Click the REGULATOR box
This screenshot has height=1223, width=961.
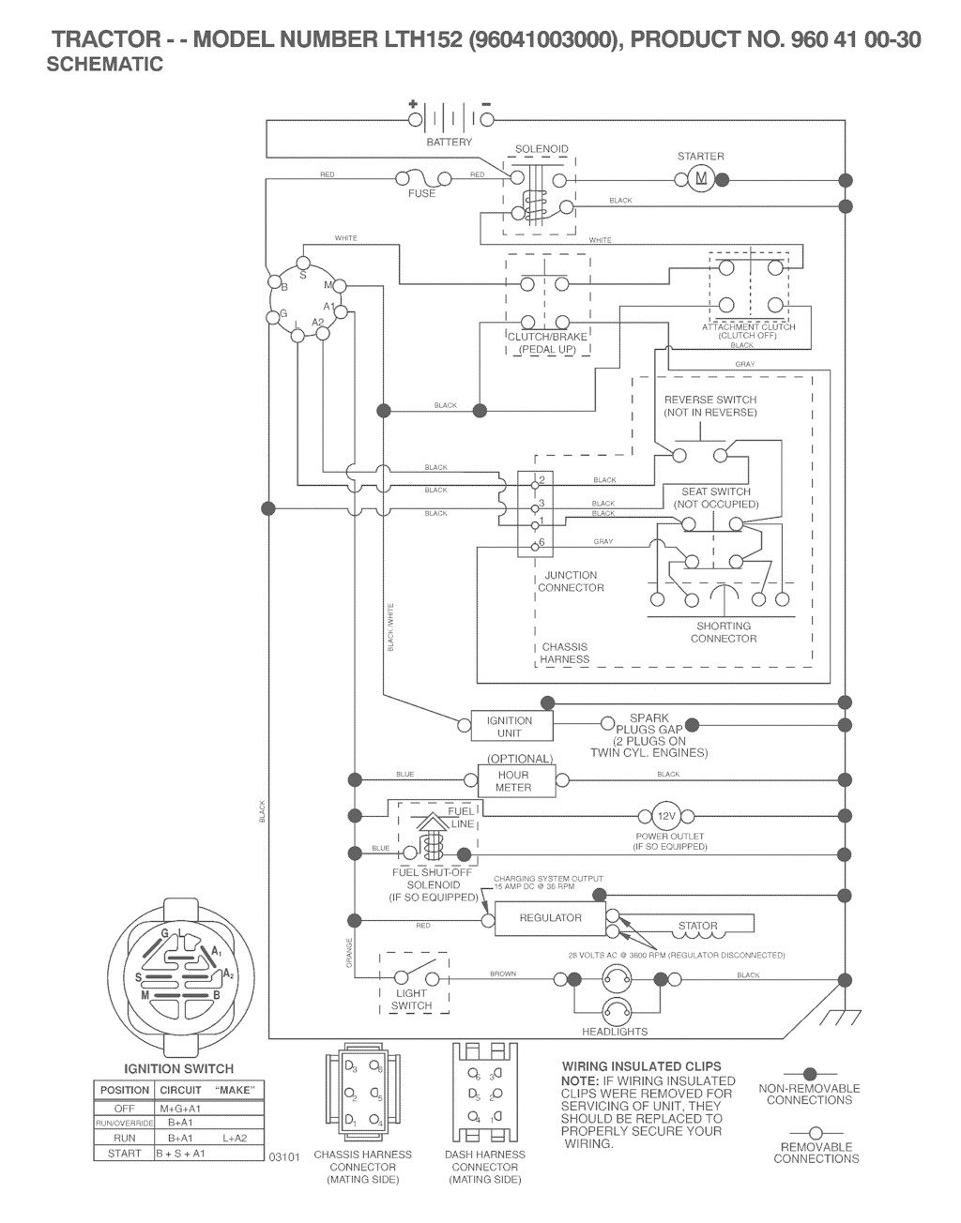coord(550,918)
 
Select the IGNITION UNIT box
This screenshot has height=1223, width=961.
coord(510,726)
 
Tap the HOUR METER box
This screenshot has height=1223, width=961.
coord(513,780)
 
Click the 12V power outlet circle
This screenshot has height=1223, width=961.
coord(664,815)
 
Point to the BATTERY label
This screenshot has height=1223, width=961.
coord(450,143)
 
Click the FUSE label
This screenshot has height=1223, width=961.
coord(421,193)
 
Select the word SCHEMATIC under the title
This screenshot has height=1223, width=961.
coord(104,65)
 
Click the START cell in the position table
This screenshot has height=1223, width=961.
coord(124,1153)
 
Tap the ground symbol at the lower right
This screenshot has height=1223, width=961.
coord(832,1019)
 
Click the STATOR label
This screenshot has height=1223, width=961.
coord(697,926)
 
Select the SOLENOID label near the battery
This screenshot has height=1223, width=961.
coord(542,149)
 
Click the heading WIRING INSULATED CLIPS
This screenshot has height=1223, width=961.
coord(641,1066)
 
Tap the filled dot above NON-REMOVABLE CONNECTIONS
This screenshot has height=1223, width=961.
coord(808,1073)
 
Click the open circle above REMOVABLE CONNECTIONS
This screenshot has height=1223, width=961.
coord(815,1132)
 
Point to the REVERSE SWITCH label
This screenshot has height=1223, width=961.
coord(710,400)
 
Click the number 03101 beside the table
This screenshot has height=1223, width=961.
coord(283,1157)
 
